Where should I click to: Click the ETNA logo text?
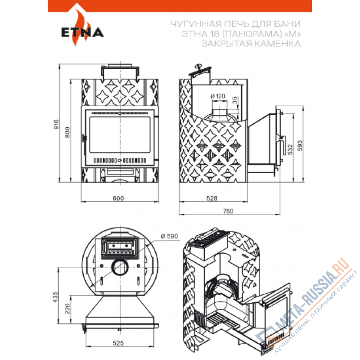(82, 32)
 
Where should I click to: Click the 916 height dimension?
(56, 125)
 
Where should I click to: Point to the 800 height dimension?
(67, 132)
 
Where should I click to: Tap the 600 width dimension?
(118, 198)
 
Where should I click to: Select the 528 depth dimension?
(211, 198)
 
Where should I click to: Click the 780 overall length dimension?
(228, 211)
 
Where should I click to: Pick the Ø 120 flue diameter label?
(218, 96)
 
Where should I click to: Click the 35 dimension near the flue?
(235, 100)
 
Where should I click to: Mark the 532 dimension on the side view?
(290, 149)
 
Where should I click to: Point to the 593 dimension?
(300, 145)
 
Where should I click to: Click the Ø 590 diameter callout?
(170, 236)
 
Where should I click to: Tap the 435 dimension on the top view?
(55, 297)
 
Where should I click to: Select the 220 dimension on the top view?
(67, 309)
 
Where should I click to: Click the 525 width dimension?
(118, 343)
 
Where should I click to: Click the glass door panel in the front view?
(120, 135)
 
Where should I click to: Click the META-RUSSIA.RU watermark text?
(312, 292)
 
